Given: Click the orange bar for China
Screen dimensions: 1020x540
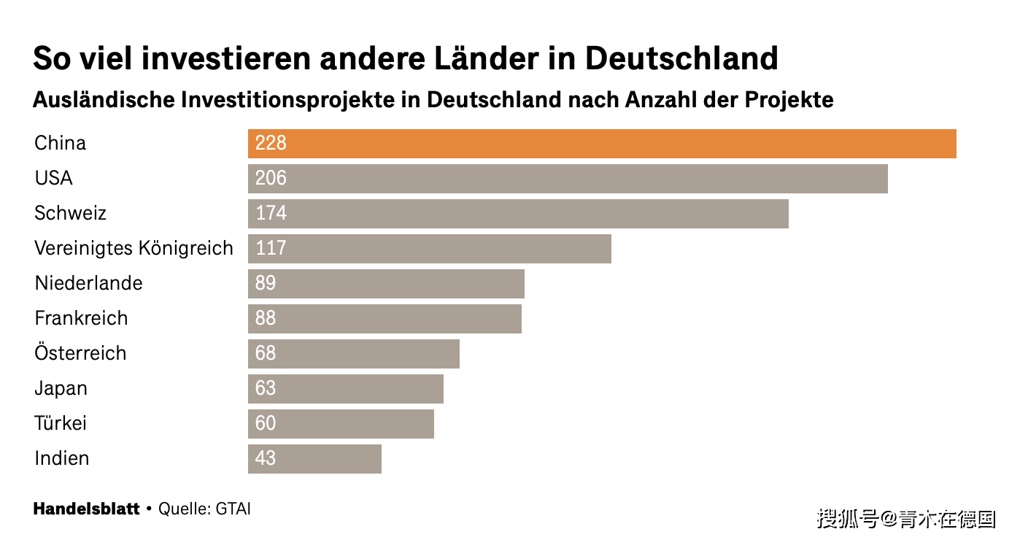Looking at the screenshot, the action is pos(602,144).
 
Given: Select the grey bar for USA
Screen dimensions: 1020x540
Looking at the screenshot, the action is pos(568,179).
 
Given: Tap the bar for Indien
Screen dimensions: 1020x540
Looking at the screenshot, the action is pos(314,459).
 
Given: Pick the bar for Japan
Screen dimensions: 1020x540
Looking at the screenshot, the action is pos(346,389).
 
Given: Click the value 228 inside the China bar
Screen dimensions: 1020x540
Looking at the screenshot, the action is pos(271,143).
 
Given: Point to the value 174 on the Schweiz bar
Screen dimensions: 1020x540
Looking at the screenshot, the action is pos(271,213).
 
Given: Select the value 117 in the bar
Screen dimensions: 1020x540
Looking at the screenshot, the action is pos(271,248).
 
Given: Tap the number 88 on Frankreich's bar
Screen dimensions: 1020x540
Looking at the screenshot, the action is pos(266,318).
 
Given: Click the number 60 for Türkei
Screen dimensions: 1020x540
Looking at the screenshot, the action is pos(266,423).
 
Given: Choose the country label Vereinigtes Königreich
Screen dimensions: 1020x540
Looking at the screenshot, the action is pos(134,249).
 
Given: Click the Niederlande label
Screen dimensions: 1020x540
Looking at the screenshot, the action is pos(89,283).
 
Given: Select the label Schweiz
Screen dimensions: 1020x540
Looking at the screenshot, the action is pos(71,213).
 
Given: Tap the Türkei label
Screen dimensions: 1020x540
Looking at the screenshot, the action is pos(61,423).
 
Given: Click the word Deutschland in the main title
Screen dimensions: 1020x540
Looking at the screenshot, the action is pos(681,58).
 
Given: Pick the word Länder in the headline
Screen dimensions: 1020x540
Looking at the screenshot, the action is pos(487,58).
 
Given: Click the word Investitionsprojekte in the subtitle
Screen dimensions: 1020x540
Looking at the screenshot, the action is pos(287,101).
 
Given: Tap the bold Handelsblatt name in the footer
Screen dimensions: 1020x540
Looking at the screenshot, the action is pos(87,509).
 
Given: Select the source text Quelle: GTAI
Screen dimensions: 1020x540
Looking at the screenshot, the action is pos(204,509).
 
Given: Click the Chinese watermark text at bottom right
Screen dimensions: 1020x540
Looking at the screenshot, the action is pos(907,519).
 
